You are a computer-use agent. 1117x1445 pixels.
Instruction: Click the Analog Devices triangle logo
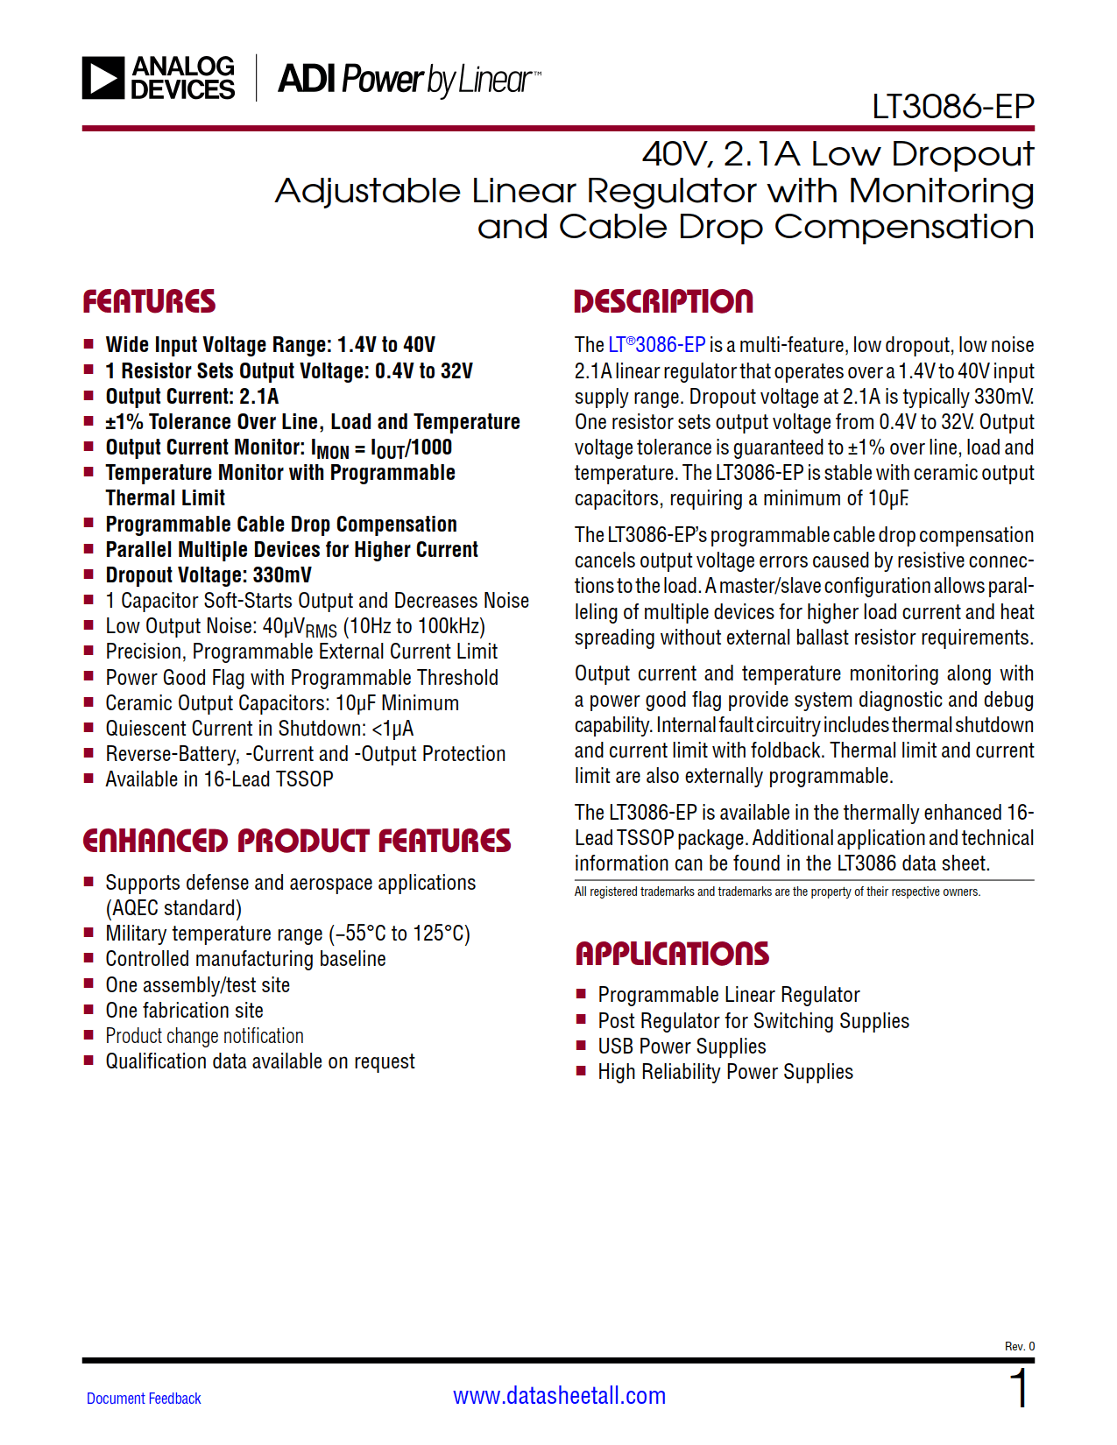click(x=103, y=78)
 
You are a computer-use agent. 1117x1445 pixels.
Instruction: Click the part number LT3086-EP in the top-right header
click(x=952, y=107)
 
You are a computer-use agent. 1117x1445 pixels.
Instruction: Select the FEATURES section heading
click(x=149, y=302)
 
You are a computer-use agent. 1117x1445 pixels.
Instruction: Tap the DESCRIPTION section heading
click(x=663, y=302)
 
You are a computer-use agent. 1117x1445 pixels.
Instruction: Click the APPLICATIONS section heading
click(x=672, y=954)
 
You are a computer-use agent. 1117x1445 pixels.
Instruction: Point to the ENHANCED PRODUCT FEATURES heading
click(x=296, y=842)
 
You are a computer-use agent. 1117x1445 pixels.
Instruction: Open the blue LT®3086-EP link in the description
click(x=656, y=345)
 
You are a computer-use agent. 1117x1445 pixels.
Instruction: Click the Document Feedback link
click(x=144, y=1399)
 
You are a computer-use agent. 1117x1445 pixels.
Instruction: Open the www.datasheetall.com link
click(x=559, y=1396)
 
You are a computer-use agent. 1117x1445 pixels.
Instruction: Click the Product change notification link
click(x=204, y=1036)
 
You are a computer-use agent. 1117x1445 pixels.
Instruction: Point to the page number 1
click(x=1019, y=1389)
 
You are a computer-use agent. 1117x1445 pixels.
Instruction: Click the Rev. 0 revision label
click(x=1019, y=1346)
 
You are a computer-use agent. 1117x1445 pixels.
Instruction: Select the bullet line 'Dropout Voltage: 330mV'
click(x=209, y=575)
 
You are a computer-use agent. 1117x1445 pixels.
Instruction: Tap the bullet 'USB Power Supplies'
click(x=682, y=1047)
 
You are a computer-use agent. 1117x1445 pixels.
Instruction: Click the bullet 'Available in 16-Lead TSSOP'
click(x=219, y=779)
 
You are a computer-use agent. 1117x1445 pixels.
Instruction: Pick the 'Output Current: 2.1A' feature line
click(x=192, y=397)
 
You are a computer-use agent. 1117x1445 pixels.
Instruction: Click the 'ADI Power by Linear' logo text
click(x=408, y=80)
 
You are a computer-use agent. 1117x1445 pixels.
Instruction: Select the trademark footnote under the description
click(x=777, y=892)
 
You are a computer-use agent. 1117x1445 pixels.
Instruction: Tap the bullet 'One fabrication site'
click(x=184, y=1011)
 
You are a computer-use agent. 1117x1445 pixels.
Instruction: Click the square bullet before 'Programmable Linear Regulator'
click(x=581, y=994)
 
